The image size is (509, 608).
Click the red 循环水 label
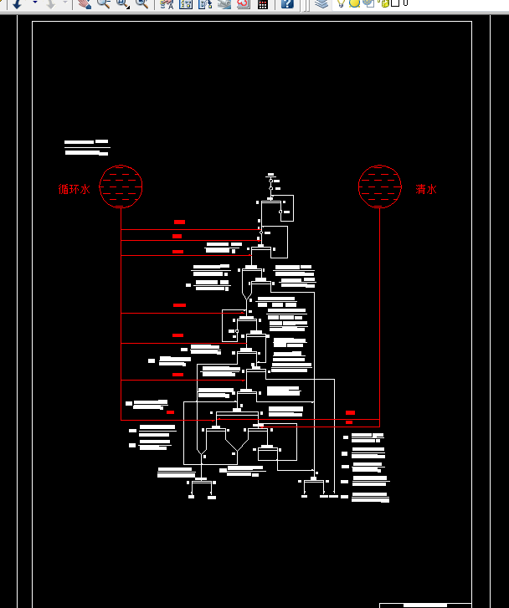[x=74, y=189]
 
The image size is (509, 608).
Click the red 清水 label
[x=426, y=189]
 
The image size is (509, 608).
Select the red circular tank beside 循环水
[x=121, y=186]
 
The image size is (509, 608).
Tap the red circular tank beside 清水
[x=380, y=186]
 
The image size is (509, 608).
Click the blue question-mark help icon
[x=287, y=3]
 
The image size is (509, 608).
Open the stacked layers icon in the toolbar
[x=321, y=3]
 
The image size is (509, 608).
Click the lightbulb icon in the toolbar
[x=341, y=3]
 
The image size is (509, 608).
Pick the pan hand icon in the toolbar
[x=84, y=3]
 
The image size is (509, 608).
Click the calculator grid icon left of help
[x=263, y=3]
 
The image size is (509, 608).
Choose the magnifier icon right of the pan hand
[x=103, y=3]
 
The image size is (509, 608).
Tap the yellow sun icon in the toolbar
[x=354, y=3]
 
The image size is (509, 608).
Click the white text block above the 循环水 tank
[x=86, y=147]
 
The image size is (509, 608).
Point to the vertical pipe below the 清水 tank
[x=380, y=318]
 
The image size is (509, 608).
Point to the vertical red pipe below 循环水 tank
[x=121, y=318]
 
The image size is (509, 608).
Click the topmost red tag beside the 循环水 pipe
[x=179, y=222]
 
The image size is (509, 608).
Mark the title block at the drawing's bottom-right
[x=425, y=605]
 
